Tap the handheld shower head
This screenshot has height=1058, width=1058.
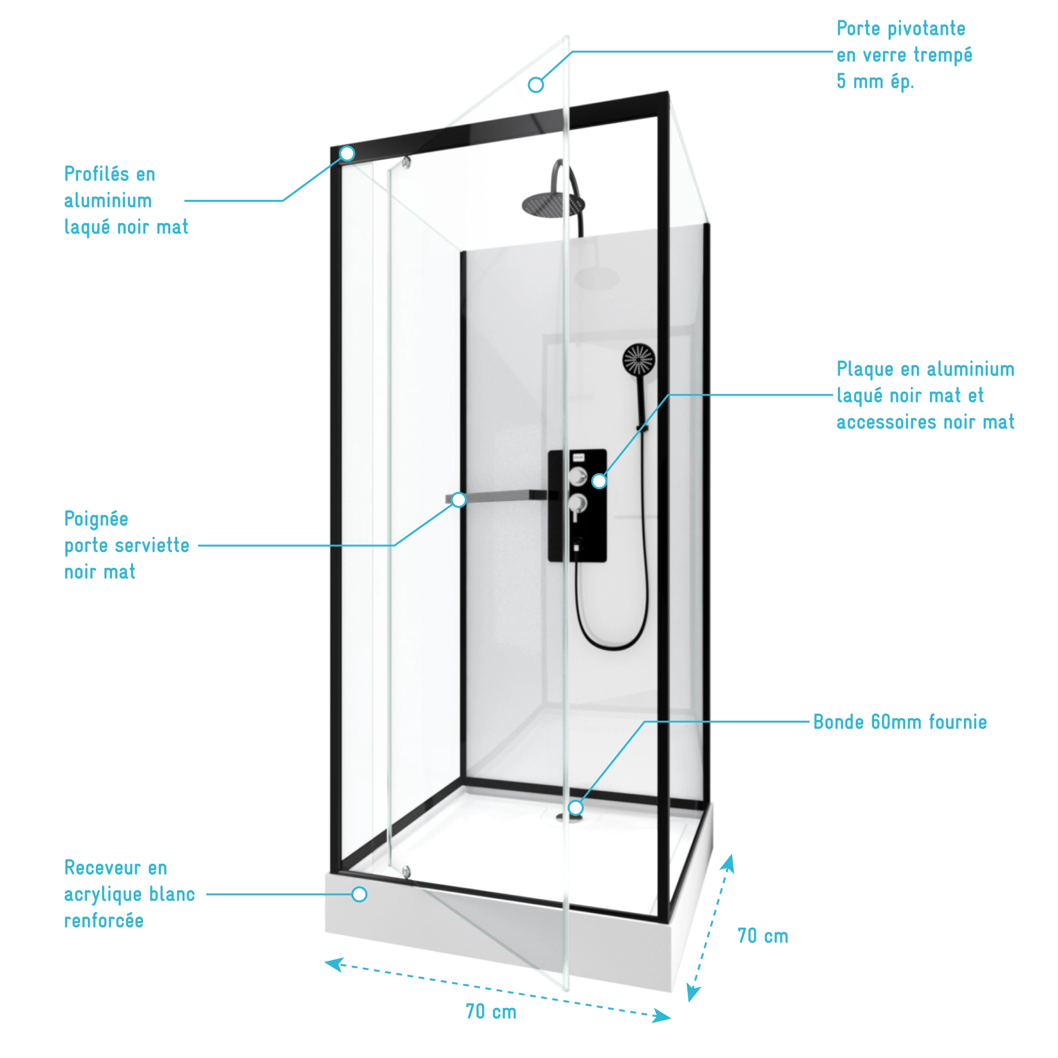pos(638,360)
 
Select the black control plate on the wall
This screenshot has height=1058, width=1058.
pos(577,505)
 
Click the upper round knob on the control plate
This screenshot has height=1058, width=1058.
pos(577,477)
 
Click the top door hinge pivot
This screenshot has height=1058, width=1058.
pos(406,162)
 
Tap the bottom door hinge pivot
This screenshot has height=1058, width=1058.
pos(406,872)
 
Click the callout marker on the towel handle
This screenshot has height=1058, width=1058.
pos(458,500)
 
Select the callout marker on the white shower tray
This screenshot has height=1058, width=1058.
pos(359,894)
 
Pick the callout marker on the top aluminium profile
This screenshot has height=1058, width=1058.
pos(347,153)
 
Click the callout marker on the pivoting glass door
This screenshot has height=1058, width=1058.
pos(535,85)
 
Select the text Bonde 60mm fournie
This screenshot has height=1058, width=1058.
pos(900,722)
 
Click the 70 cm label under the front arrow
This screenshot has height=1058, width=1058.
pos(491,1012)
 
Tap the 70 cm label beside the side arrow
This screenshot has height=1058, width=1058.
pos(762,937)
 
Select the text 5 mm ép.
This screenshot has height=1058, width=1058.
pos(875,81)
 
